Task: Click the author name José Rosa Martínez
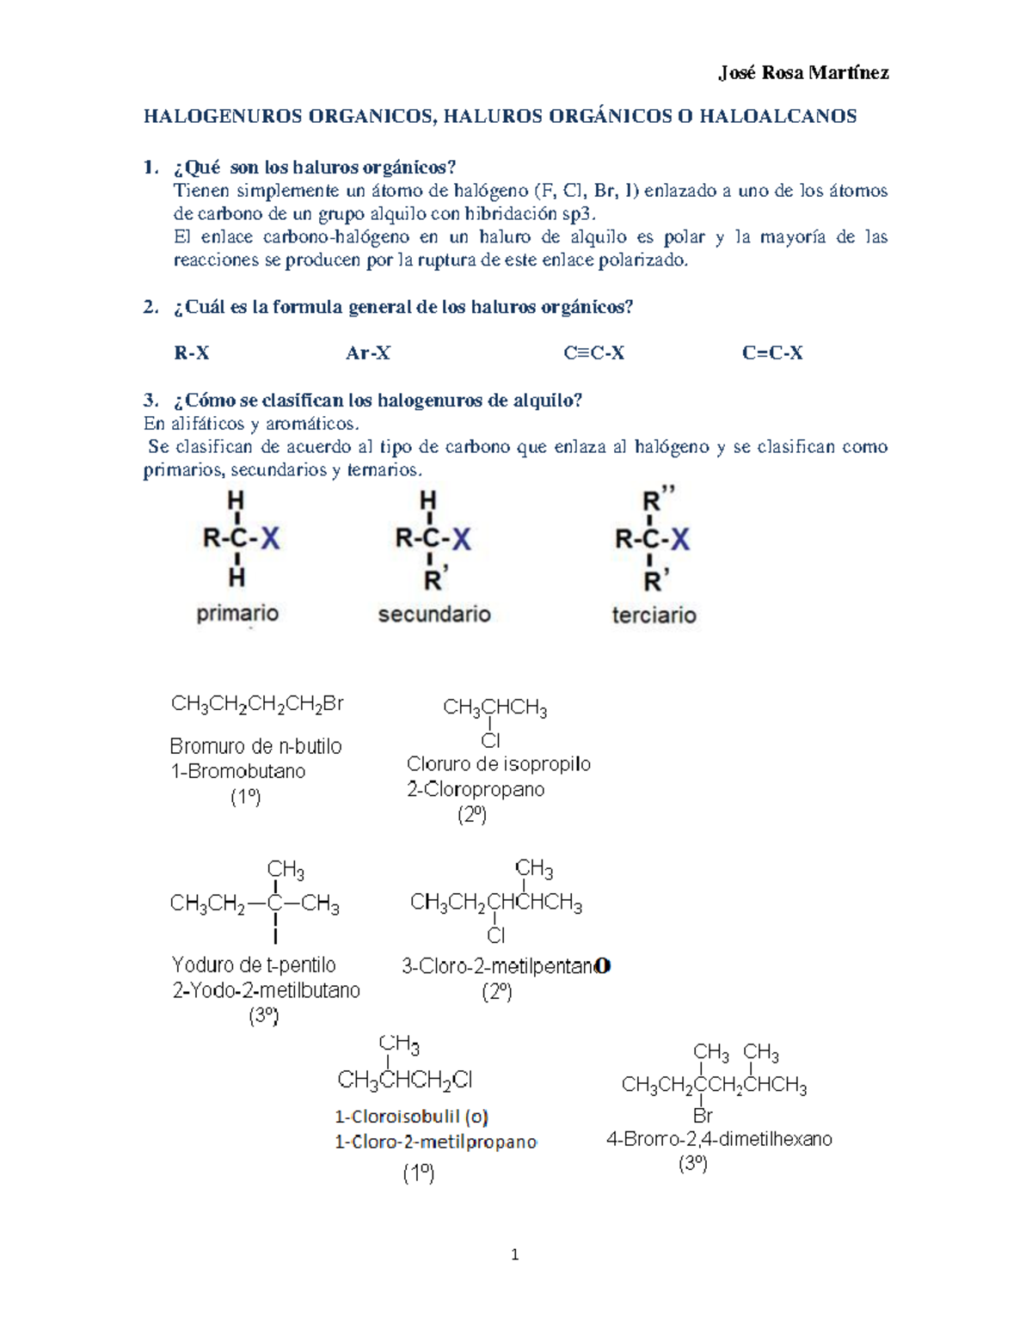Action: tap(803, 73)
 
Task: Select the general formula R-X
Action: tap(192, 352)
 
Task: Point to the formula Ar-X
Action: tap(368, 352)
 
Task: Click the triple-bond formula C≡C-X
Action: tap(593, 352)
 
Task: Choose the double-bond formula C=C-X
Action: tap(772, 352)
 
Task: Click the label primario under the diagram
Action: tap(237, 614)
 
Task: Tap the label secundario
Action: tap(434, 615)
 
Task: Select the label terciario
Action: tap(654, 615)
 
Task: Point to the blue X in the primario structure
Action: tap(270, 540)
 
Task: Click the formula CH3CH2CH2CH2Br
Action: tap(257, 705)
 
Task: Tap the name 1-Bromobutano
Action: tap(238, 771)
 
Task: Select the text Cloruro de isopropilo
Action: tap(499, 764)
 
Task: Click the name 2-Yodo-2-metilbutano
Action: tap(267, 990)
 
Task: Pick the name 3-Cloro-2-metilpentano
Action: tap(506, 966)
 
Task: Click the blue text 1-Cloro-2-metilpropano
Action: tap(435, 1142)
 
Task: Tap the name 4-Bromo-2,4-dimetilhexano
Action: tap(719, 1139)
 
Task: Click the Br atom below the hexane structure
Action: tap(703, 1116)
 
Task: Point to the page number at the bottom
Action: tap(515, 1255)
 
